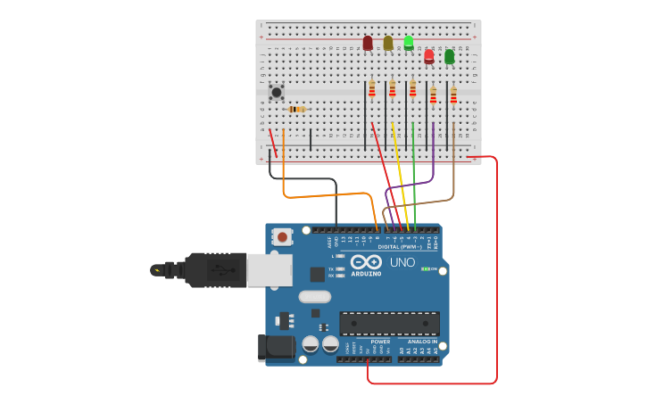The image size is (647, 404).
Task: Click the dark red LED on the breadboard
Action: [368, 43]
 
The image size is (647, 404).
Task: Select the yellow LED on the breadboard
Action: [388, 43]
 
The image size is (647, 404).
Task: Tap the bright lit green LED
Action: [409, 42]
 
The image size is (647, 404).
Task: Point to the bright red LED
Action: [429, 56]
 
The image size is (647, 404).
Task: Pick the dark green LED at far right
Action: [449, 56]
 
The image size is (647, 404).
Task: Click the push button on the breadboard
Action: [277, 92]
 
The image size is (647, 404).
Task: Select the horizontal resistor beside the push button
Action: [297, 109]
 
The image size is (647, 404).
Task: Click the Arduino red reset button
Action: [282, 236]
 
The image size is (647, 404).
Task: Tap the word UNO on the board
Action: [402, 262]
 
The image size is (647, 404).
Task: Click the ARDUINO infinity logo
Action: [366, 262]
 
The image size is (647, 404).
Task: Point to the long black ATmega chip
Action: [389, 323]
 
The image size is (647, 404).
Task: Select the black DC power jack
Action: [275, 348]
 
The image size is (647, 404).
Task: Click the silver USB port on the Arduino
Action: [269, 269]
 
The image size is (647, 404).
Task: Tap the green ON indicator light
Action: [426, 268]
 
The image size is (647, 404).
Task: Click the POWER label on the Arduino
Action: [380, 342]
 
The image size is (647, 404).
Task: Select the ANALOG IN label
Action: [422, 342]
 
